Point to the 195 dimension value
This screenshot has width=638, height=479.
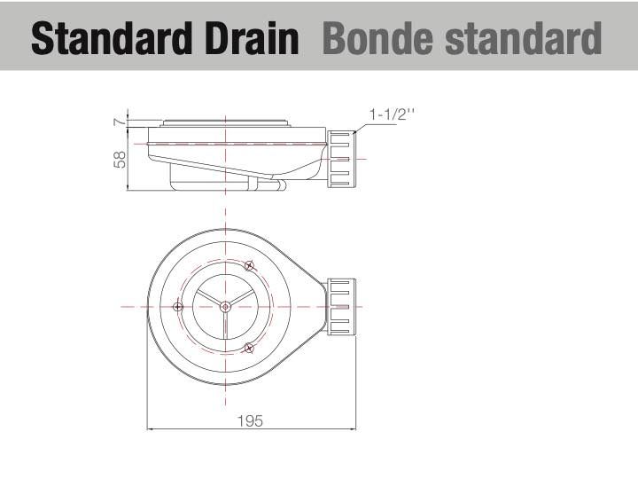pos(250,420)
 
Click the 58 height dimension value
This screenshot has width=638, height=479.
pos(120,160)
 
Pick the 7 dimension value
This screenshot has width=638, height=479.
pos(118,122)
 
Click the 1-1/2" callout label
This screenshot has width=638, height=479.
pos(392,114)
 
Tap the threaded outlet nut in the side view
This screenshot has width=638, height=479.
pos(341,159)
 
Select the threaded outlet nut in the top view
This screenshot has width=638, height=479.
pos(341,307)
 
